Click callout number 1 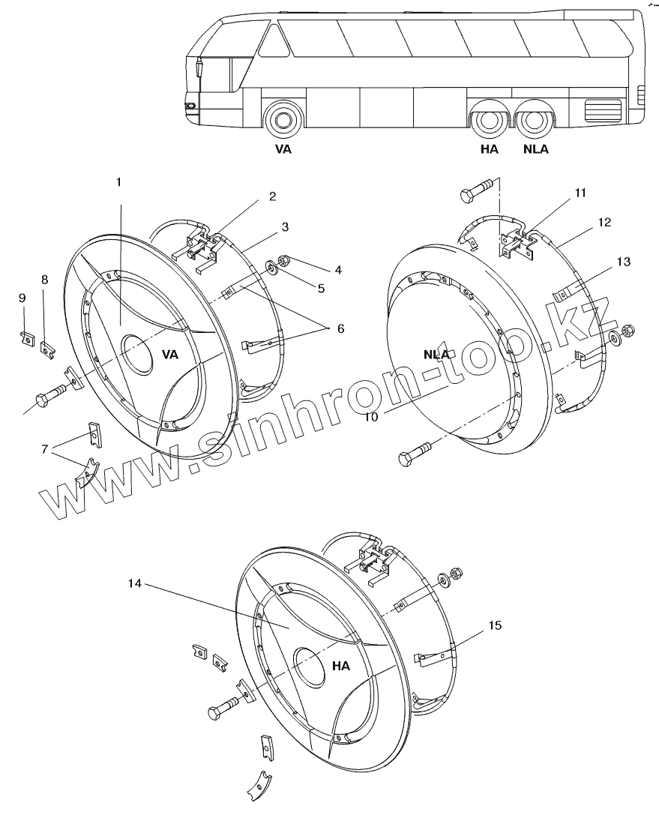pyautogui.click(x=118, y=182)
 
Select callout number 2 pyautogui.click(x=272, y=197)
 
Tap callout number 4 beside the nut pyautogui.click(x=338, y=268)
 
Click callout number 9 pyautogui.click(x=22, y=298)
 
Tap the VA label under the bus pyautogui.click(x=283, y=148)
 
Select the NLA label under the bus pyautogui.click(x=535, y=148)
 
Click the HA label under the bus pyautogui.click(x=489, y=148)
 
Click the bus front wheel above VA pyautogui.click(x=283, y=119)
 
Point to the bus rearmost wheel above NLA pyautogui.click(x=535, y=121)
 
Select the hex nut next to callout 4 pyautogui.click(x=285, y=262)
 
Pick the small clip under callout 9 pyautogui.click(x=25, y=337)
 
